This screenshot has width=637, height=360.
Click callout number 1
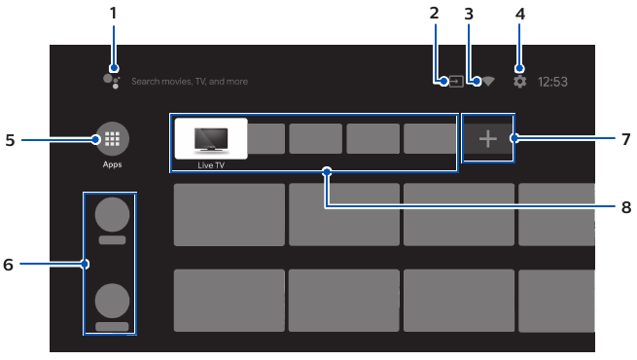click(x=113, y=14)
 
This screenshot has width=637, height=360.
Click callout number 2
click(x=434, y=14)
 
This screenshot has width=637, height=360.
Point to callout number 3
click(x=469, y=14)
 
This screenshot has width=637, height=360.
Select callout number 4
click(x=519, y=14)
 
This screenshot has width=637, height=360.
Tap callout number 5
click(x=10, y=139)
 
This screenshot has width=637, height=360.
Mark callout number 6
click(x=10, y=264)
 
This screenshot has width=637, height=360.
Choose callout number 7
click(x=626, y=139)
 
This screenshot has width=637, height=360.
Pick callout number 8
click(x=626, y=207)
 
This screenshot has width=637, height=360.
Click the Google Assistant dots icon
click(x=111, y=80)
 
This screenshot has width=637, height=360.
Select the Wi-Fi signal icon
click(x=487, y=82)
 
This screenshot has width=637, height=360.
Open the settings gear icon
click(x=519, y=82)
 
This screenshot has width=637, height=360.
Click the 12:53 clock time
click(x=552, y=83)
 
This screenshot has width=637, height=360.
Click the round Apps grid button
click(x=112, y=139)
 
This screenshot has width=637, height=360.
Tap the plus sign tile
click(x=487, y=139)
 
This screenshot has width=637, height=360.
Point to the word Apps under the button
click(x=112, y=164)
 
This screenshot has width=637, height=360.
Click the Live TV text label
click(x=211, y=165)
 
